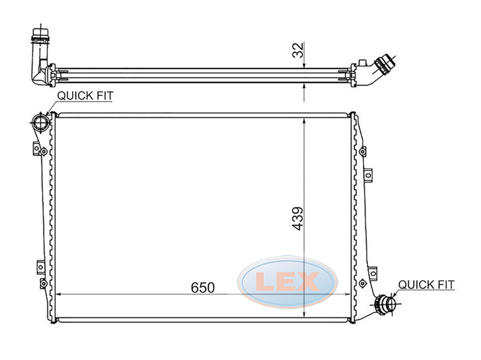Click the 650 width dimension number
coord(202,287)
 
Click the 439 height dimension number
coord(298,219)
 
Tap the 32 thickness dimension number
coord(298,50)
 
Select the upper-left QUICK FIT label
coord(85,96)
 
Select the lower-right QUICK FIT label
coord(426,285)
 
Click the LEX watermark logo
coord(288,282)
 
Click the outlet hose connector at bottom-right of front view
coord(385,303)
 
